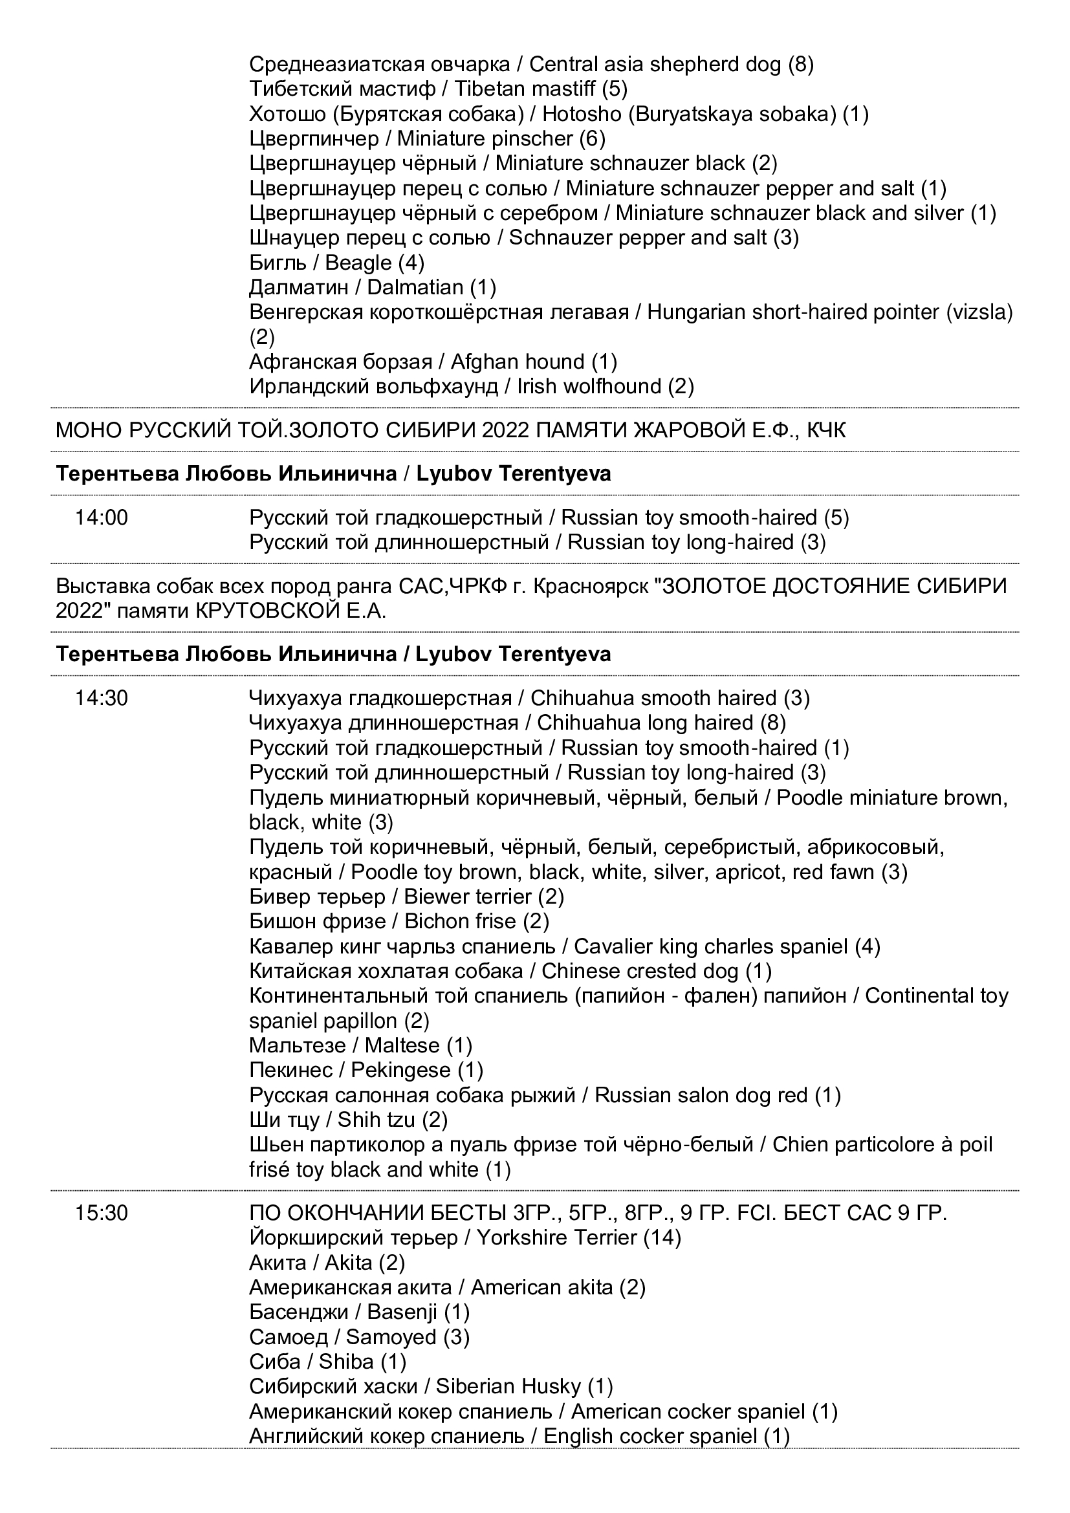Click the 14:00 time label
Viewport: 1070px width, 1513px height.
pyautogui.click(x=102, y=518)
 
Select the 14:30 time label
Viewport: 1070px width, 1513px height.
pyautogui.click(x=102, y=698)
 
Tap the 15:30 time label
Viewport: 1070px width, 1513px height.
pyautogui.click(x=102, y=1213)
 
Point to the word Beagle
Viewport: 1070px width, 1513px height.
pyautogui.click(x=358, y=263)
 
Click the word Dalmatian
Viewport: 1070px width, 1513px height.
pyautogui.click(x=415, y=288)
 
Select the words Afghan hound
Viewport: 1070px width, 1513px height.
pyautogui.click(x=518, y=362)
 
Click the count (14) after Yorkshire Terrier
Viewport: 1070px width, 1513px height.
pyautogui.click(x=662, y=1238)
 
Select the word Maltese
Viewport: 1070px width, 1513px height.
pyautogui.click(x=402, y=1046)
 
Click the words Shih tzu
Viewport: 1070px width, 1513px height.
pyautogui.click(x=377, y=1120)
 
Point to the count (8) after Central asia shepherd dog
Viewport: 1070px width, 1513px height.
pyautogui.click(x=800, y=65)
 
